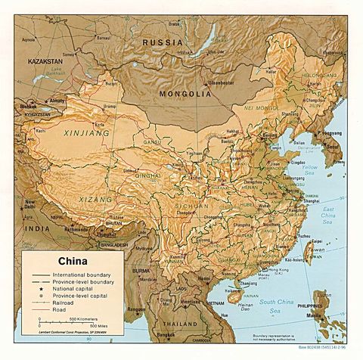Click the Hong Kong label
(268, 269)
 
